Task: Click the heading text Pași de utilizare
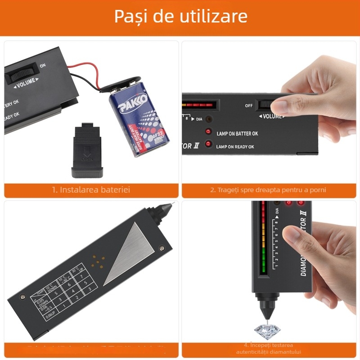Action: tap(180, 17)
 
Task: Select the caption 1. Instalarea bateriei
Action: tap(91, 189)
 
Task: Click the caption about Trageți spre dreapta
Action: tap(268, 189)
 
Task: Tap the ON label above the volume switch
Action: tap(43, 66)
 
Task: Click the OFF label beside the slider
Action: tap(249, 105)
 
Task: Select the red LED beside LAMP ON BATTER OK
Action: tap(208, 132)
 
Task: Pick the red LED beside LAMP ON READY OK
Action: tap(208, 144)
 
